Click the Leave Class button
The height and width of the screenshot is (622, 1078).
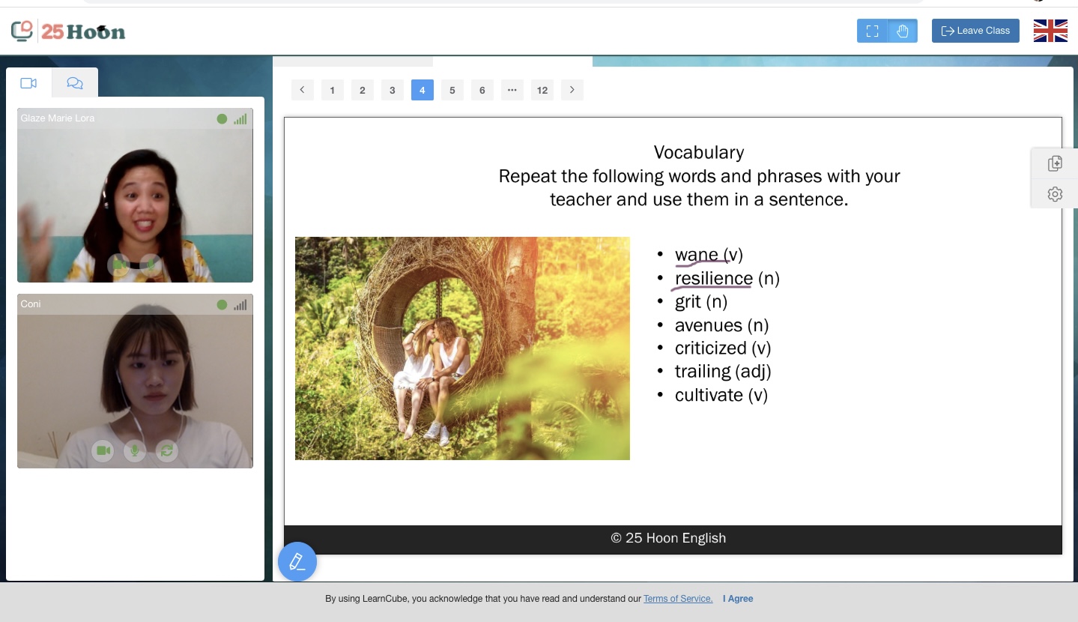[x=975, y=31]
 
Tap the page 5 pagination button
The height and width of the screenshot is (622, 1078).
[x=452, y=90]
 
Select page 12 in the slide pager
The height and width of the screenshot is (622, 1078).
[x=542, y=90]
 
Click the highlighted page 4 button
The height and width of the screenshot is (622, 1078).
[x=422, y=90]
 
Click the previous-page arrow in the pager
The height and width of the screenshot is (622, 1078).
[x=302, y=90]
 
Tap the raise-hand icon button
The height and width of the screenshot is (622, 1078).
[x=903, y=31]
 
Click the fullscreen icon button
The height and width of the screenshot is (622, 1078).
[x=872, y=31]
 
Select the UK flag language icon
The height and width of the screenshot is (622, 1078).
[x=1050, y=31]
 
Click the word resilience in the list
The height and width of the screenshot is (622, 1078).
[x=714, y=278]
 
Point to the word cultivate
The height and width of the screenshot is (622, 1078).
[x=709, y=395]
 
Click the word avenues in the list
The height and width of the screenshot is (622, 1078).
[x=709, y=325]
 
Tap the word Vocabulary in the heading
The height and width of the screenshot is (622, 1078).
[x=699, y=153]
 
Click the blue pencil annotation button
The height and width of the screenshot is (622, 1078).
[x=297, y=562]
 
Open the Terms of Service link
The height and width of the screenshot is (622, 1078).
[x=678, y=599]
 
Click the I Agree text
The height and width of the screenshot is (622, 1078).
[x=738, y=599]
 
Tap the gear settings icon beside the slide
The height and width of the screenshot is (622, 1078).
[x=1055, y=195]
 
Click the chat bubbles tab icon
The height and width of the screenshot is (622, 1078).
[x=75, y=83]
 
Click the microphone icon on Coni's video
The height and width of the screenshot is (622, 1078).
[x=135, y=450]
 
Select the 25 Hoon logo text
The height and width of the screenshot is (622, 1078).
[x=82, y=31]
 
